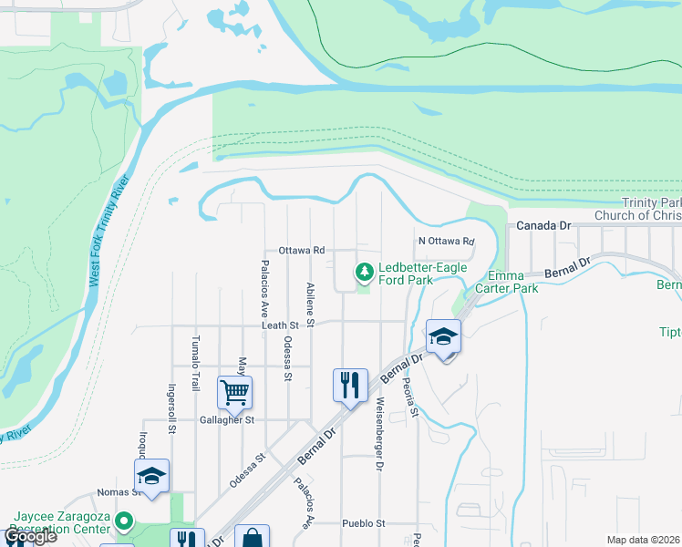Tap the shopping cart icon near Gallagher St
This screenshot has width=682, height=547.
(235, 393)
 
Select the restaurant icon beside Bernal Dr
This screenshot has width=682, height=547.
(350, 386)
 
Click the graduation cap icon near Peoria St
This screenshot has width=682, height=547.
(443, 337)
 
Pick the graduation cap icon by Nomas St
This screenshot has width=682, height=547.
(151, 476)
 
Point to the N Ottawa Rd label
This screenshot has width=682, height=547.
(447, 242)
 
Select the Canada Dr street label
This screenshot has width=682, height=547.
(543, 225)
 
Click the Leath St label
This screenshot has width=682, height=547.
(281, 325)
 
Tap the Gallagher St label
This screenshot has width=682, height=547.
(227, 420)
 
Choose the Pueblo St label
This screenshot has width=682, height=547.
(365, 523)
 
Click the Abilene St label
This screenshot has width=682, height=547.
(311, 304)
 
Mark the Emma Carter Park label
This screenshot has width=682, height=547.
(513, 282)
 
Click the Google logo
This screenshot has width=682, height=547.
(31, 536)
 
